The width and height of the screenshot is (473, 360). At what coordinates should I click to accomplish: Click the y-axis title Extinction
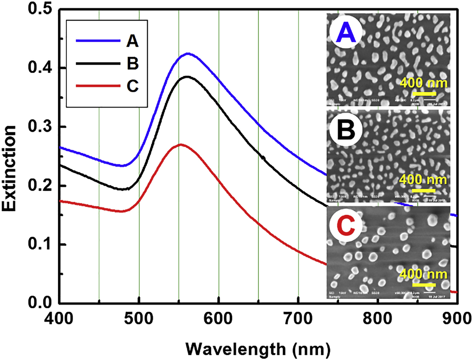click(10, 168)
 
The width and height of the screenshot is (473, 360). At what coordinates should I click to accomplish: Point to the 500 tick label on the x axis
click(139, 318)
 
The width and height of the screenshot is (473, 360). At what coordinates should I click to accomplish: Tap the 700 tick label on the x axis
click(298, 318)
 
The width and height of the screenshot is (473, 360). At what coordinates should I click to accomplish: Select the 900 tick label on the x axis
click(457, 318)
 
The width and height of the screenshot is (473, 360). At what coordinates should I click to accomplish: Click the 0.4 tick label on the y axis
click(41, 68)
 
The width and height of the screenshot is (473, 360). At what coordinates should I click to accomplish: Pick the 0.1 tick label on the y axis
click(41, 245)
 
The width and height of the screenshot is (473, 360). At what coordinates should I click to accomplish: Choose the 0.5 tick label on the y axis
click(41, 9)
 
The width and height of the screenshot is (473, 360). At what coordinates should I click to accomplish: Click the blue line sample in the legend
click(98, 41)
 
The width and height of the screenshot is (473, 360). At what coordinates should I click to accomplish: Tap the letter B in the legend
click(132, 64)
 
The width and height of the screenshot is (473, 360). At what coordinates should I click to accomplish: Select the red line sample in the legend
click(98, 86)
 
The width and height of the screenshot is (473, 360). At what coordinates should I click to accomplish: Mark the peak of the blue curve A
click(188, 54)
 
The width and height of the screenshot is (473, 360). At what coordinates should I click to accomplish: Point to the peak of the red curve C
click(180, 145)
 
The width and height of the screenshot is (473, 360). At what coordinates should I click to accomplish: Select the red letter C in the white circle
click(347, 227)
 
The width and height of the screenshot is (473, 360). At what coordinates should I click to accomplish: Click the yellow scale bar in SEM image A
click(424, 93)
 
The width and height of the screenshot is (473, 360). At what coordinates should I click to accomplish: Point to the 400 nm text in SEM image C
click(424, 274)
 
